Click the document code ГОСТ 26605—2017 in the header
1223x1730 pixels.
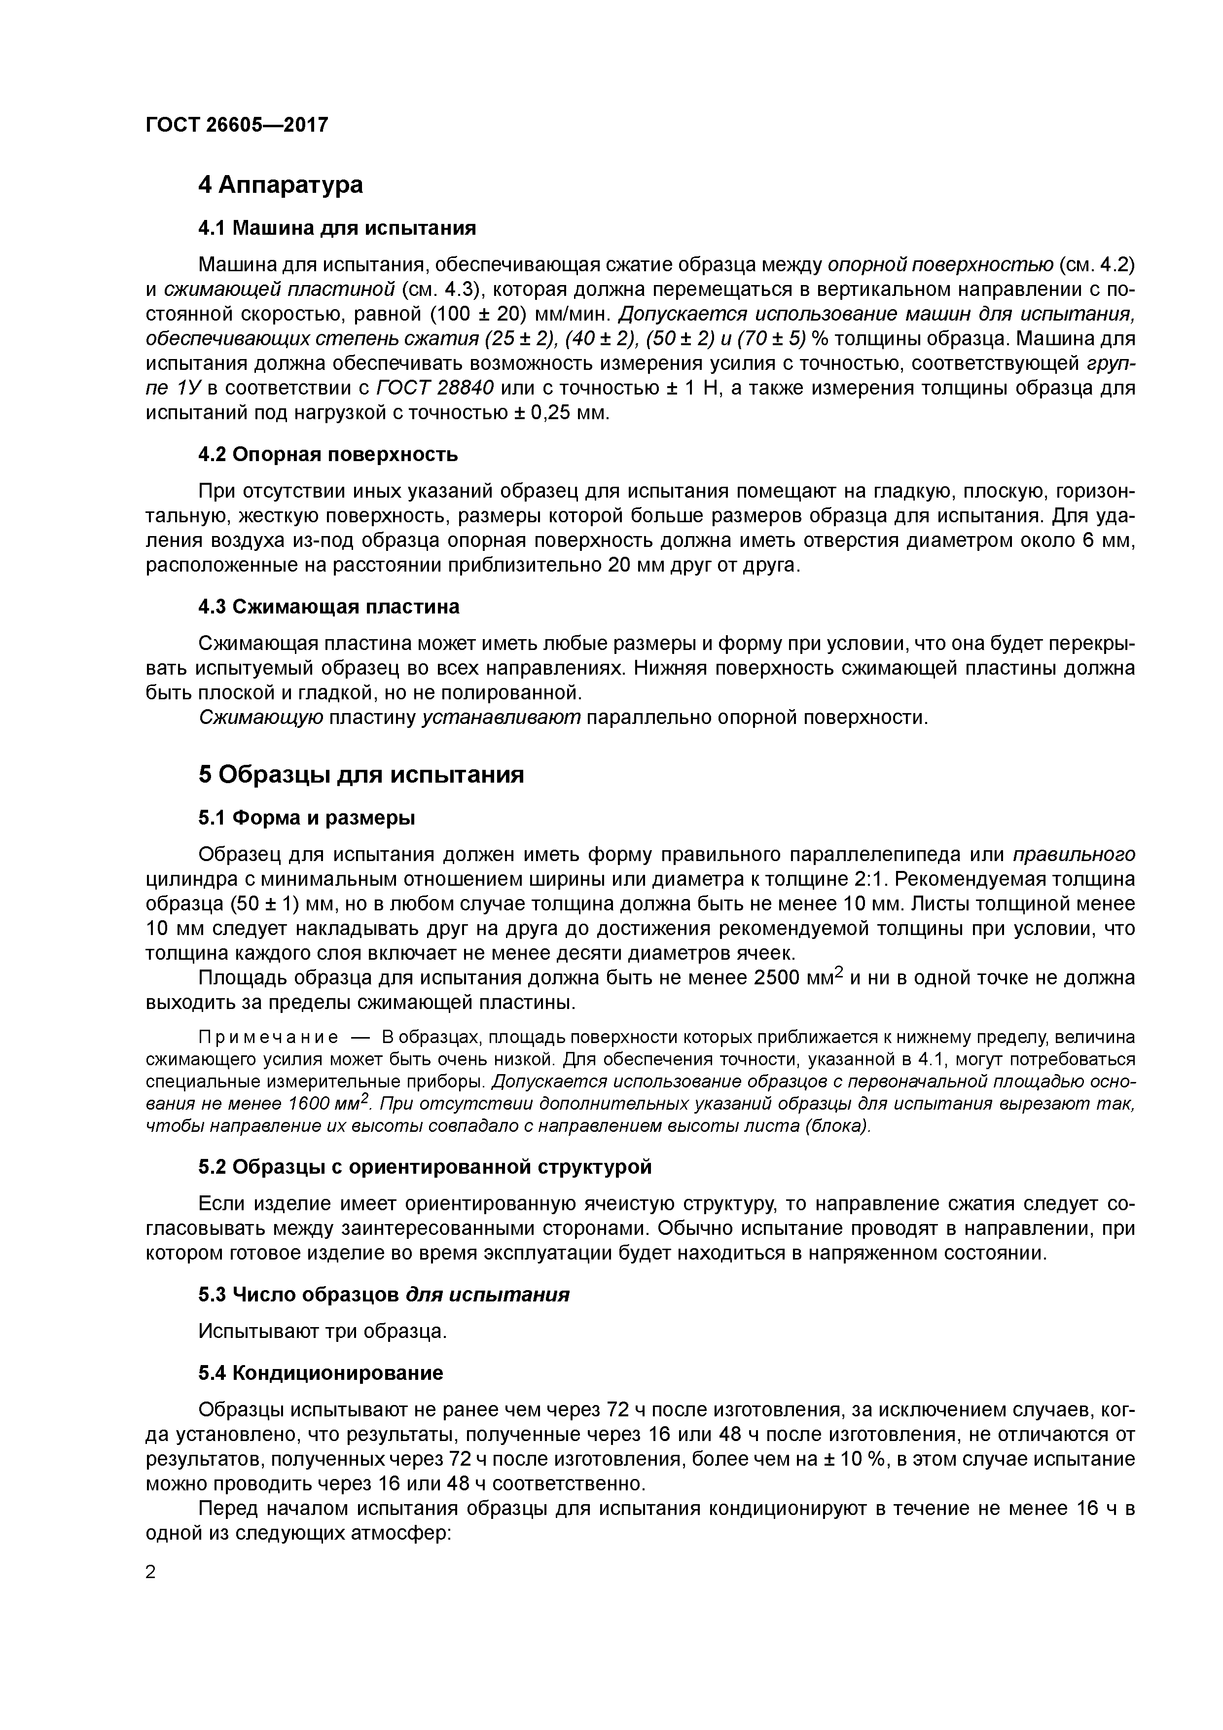237,124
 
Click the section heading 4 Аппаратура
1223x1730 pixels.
280,184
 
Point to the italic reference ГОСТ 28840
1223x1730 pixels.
435,388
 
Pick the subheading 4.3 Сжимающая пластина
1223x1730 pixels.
328,607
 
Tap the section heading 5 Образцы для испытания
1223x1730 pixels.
361,775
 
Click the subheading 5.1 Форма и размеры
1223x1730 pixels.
307,818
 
